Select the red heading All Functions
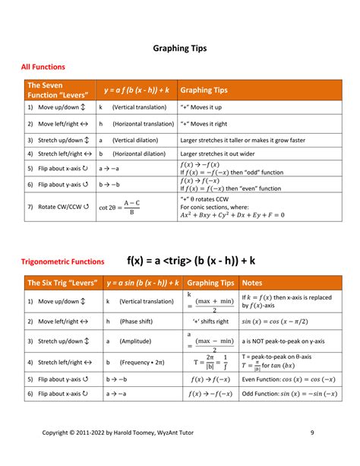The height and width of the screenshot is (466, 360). coord(43,68)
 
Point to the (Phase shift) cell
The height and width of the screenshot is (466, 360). coord(134,321)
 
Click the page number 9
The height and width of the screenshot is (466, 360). coord(312,433)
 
